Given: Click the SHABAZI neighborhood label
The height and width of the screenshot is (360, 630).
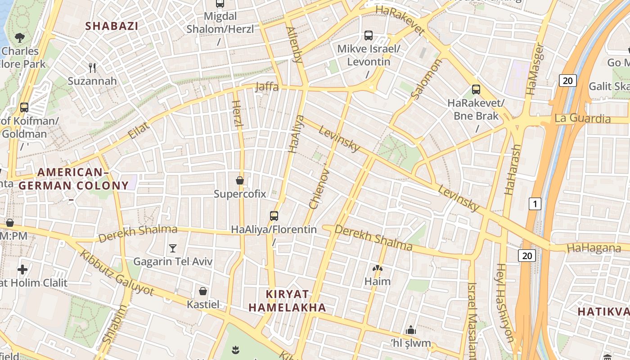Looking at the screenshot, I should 112,26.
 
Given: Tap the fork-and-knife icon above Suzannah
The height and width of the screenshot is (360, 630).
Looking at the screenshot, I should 92,68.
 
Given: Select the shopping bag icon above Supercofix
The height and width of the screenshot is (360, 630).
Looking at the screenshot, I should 240,180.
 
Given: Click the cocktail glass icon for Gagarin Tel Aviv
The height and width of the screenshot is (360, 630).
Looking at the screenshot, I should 172,248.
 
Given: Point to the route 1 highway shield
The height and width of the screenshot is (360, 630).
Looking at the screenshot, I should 535,204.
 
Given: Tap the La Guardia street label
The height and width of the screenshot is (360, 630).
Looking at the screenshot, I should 582,118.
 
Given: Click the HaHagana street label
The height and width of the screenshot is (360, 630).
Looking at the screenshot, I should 594,248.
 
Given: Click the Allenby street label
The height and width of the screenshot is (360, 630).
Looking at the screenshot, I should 295,44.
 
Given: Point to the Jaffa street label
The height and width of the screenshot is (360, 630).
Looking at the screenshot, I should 267,86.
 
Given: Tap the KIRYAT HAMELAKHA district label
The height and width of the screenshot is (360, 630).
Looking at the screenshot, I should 287,301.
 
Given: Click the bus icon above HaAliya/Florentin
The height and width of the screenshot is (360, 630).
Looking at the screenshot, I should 274,216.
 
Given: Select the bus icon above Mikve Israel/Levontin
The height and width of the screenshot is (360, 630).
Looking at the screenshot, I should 369,36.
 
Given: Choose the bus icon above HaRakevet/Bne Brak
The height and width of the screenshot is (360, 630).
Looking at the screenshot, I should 476,90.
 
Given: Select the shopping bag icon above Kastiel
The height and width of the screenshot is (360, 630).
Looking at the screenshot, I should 203,291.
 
